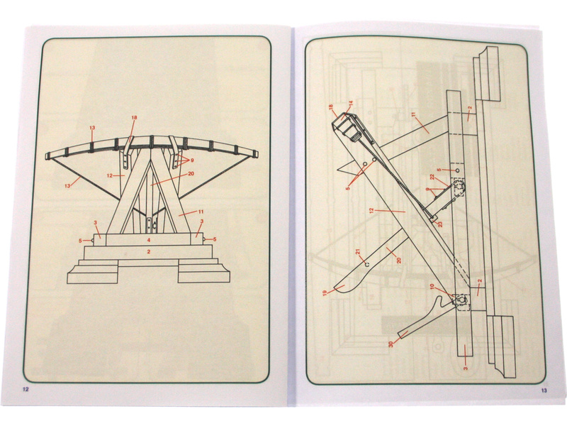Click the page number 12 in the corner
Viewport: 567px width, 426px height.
pos(26,390)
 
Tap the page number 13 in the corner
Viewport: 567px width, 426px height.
pos(544,390)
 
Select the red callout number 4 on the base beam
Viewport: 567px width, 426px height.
pos(149,240)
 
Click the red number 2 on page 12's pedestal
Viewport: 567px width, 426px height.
pos(149,251)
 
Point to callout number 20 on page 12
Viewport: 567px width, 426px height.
pos(191,173)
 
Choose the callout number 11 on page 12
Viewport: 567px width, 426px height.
pos(201,212)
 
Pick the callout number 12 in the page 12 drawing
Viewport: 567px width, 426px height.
pos(110,175)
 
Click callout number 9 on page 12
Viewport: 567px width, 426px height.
pos(192,160)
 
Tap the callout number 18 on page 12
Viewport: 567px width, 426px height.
pos(135,117)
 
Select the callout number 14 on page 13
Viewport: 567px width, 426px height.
pos(350,103)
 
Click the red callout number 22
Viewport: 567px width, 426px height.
pos(432,176)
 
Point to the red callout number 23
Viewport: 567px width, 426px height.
pos(440,224)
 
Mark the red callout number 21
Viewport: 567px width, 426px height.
pos(358,251)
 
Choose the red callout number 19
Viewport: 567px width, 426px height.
pos(325,293)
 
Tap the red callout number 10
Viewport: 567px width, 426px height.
pos(432,286)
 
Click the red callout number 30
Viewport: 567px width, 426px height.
pos(391,344)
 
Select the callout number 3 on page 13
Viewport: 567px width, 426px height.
pos(466,368)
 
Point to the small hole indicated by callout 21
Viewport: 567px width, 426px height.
pos(366,264)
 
